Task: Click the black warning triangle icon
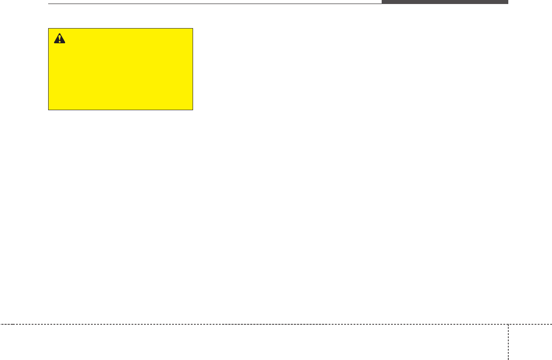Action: coord(59,39)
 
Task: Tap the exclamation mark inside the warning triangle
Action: coord(59,39)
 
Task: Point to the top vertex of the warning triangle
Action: coord(59,34)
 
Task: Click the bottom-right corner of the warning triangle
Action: coord(65,43)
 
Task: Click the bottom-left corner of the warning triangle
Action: coord(54,43)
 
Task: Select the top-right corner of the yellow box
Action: coord(193,29)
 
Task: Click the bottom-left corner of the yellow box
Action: coord(49,110)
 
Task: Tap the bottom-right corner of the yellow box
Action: coord(193,110)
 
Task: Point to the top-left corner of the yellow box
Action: coord(49,29)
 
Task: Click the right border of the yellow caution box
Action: coord(193,69)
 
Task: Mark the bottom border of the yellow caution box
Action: coord(120,110)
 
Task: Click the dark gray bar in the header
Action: coord(445,2)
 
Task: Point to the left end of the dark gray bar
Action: coord(382,2)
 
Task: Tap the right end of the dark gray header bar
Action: coord(507,2)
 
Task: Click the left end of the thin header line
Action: coord(48,4)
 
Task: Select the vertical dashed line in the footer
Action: coord(508,342)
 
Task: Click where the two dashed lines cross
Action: coord(508,324)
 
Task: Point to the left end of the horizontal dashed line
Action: coord(0,324)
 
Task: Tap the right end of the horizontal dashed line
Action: coord(551,324)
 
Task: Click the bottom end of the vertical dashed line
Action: coord(508,359)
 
